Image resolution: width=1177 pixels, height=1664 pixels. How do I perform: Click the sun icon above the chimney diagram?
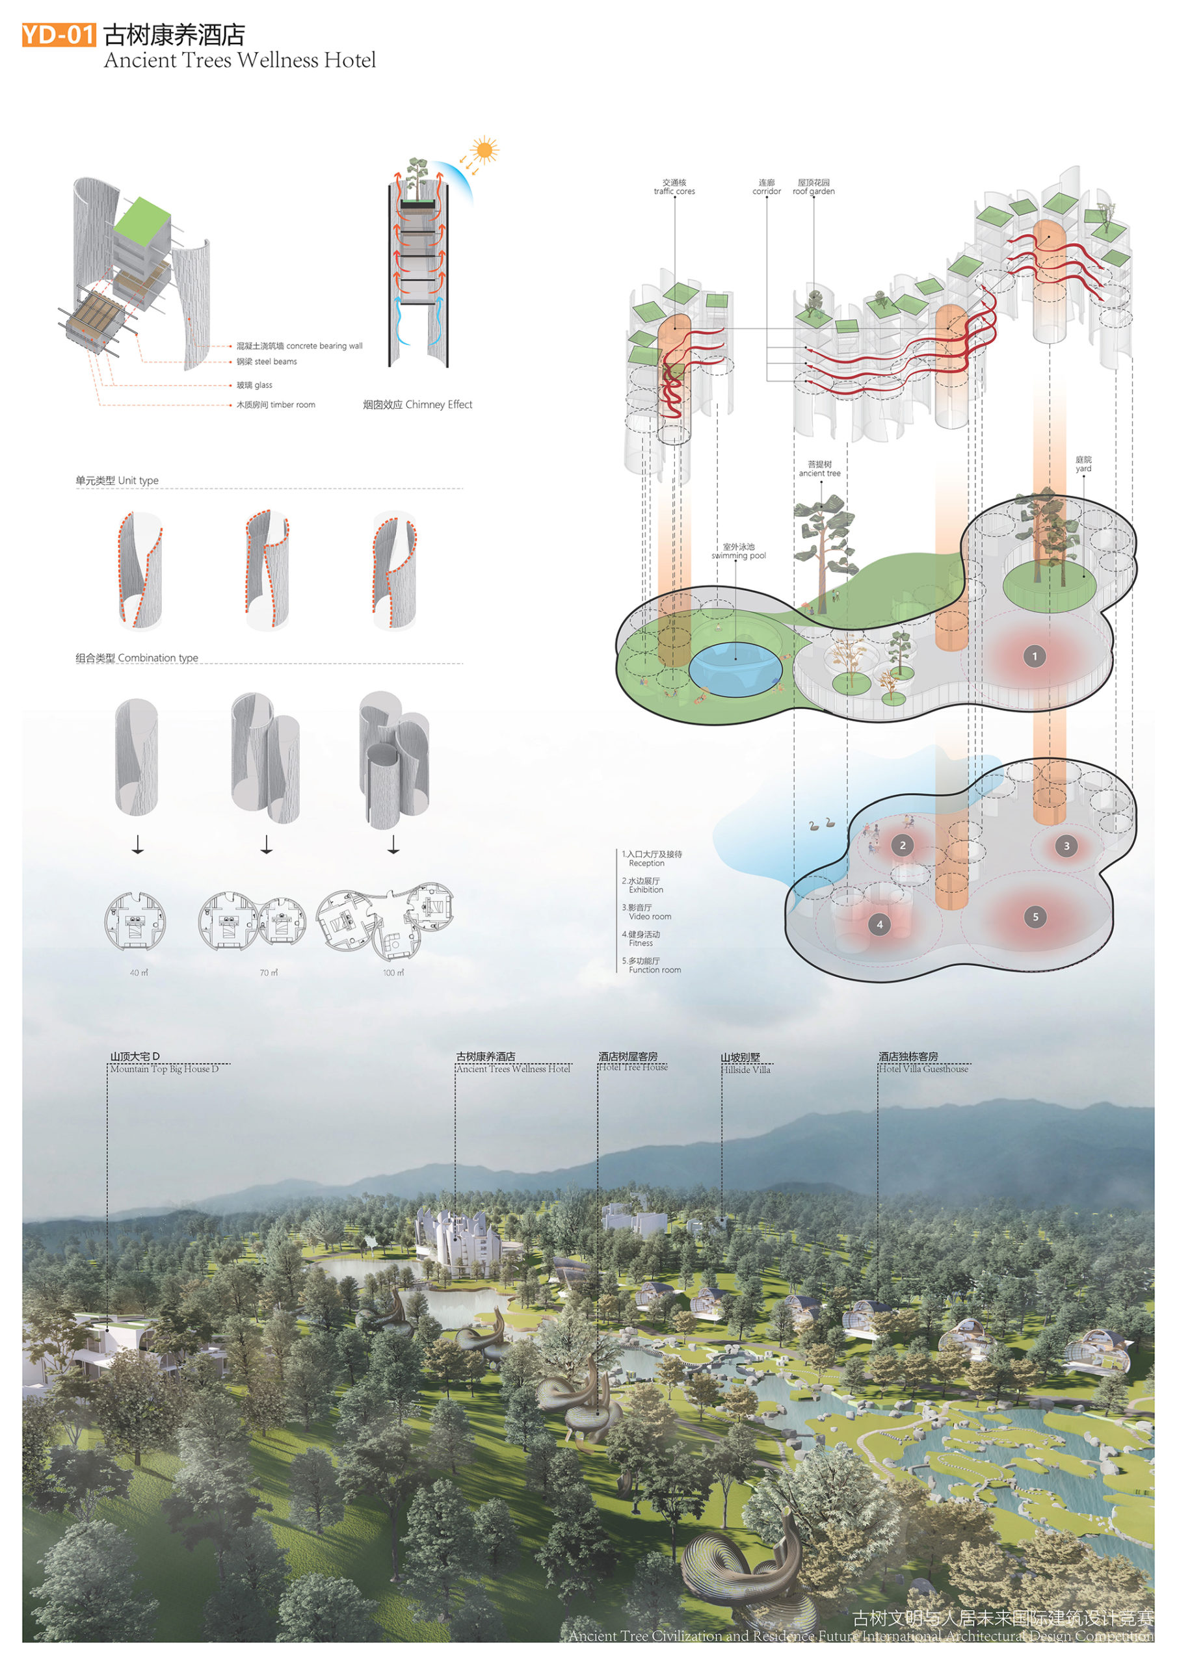(x=483, y=151)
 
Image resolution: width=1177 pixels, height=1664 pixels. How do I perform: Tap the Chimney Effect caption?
(x=417, y=404)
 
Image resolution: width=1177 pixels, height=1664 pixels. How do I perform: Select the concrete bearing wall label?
(x=298, y=346)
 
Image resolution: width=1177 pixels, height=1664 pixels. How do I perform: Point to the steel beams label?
(x=266, y=361)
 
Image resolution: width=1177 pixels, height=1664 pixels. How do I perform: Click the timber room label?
(x=276, y=405)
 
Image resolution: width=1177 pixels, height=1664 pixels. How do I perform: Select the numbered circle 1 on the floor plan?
(x=1034, y=656)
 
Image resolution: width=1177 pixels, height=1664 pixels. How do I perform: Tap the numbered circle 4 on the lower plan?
(x=880, y=925)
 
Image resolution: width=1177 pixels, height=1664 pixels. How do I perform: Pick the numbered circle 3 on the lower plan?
(x=1066, y=846)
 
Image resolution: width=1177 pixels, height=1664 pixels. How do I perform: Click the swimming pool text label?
(x=738, y=552)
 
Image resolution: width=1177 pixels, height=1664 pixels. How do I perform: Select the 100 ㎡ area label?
(x=393, y=972)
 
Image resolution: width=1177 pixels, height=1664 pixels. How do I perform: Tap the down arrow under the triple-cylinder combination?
(x=393, y=845)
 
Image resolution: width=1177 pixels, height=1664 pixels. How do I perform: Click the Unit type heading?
(x=117, y=480)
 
